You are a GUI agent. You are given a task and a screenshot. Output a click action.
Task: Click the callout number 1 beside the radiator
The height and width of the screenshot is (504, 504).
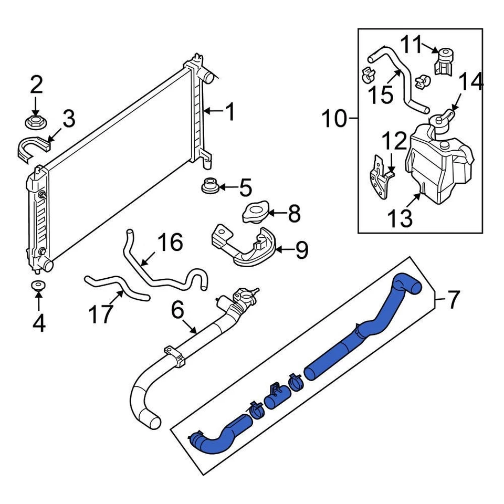pyautogui.click(x=230, y=112)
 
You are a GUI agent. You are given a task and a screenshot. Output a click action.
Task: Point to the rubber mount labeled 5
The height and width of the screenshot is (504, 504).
pyautogui.click(x=210, y=186)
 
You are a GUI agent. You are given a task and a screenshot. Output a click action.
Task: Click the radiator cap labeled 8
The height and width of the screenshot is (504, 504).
pyautogui.click(x=255, y=213)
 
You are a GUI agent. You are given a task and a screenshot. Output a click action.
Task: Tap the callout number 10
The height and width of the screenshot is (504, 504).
pyautogui.click(x=334, y=120)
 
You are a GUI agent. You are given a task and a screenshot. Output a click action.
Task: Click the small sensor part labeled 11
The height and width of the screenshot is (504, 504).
pyautogui.click(x=443, y=61)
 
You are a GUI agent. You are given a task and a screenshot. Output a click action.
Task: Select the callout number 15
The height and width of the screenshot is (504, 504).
pyautogui.click(x=380, y=96)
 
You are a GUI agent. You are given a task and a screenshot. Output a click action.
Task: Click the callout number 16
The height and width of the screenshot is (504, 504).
pyautogui.click(x=170, y=243)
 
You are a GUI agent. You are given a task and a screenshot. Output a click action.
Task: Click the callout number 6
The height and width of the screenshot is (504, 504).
pyautogui.click(x=177, y=310)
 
